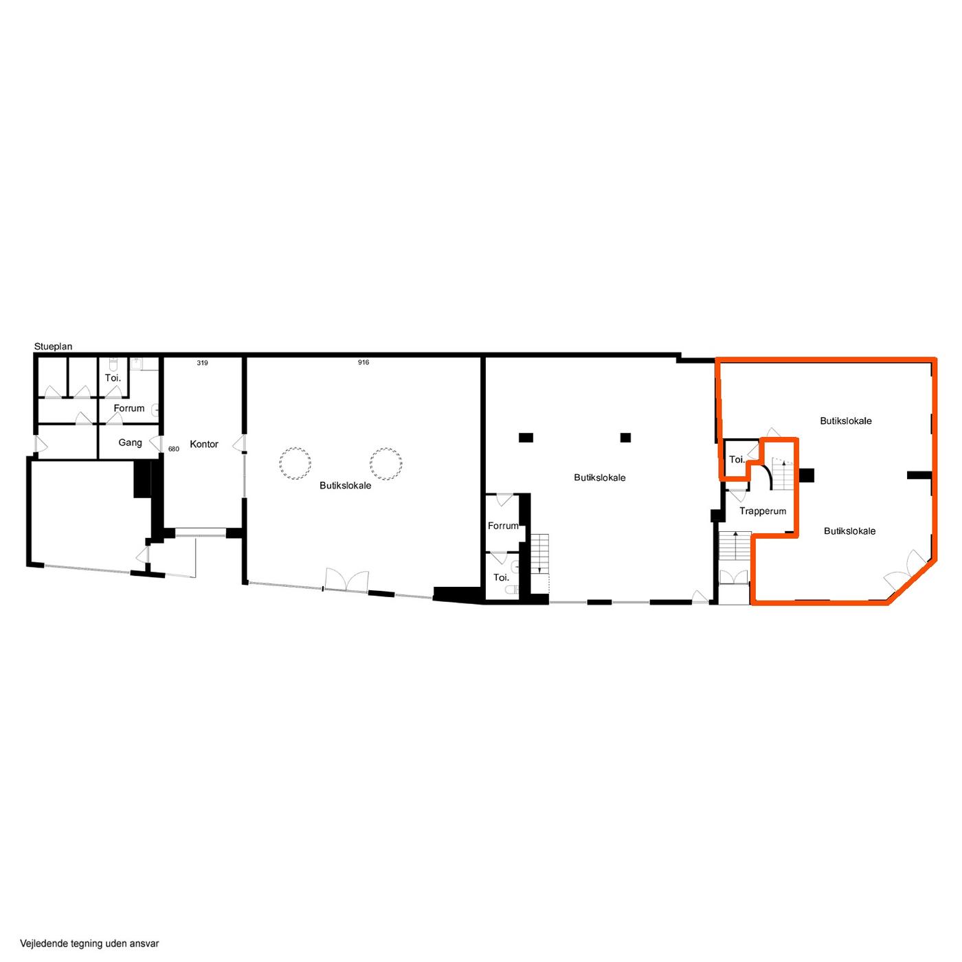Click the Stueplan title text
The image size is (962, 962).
pyautogui.click(x=53, y=346)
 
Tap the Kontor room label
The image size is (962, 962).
pyautogui.click(x=203, y=444)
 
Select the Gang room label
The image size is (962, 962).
pyautogui.click(x=130, y=443)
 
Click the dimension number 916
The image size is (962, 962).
pyautogui.click(x=363, y=362)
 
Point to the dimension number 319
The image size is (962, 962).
pyautogui.click(x=202, y=363)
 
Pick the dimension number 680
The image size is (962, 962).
pyautogui.click(x=173, y=449)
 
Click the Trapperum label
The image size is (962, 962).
pyautogui.click(x=762, y=511)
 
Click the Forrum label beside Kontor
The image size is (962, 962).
pyautogui.click(x=128, y=408)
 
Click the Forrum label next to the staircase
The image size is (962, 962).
pyautogui.click(x=503, y=526)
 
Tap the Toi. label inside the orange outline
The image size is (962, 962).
pyautogui.click(x=737, y=459)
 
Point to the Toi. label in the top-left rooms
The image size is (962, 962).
pyautogui.click(x=113, y=378)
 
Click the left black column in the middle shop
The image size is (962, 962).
pyautogui.click(x=526, y=437)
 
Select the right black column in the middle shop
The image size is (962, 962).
pyautogui.click(x=625, y=437)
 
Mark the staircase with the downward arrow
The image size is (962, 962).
pyautogui.click(x=539, y=554)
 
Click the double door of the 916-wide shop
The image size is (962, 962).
pyautogui.click(x=346, y=580)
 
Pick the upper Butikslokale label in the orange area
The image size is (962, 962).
pyautogui.click(x=846, y=421)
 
